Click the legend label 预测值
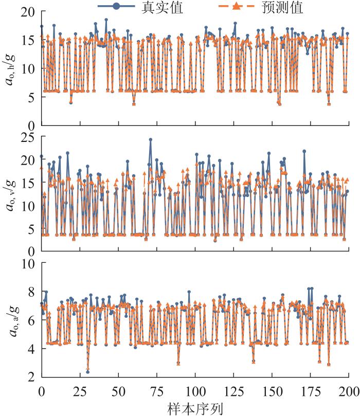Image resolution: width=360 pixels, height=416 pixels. click(x=282, y=7)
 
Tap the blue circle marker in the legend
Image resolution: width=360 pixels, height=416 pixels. click(x=116, y=7)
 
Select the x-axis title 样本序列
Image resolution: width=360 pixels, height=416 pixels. click(x=195, y=408)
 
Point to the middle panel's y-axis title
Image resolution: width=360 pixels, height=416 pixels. click(x=12, y=193)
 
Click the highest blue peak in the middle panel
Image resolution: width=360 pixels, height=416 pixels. click(x=151, y=139)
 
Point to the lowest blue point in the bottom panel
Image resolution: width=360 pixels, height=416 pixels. click(x=88, y=372)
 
